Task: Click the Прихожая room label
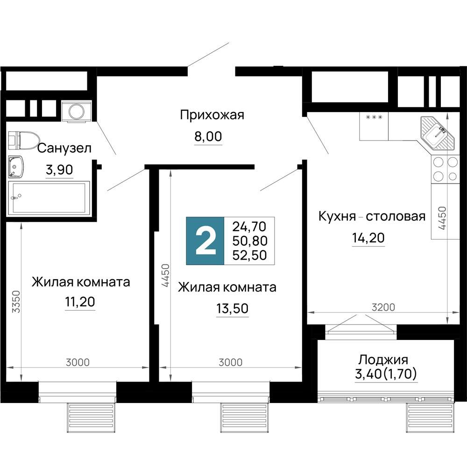click(x=212, y=115)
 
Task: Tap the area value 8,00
click(x=208, y=137)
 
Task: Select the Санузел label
click(x=64, y=149)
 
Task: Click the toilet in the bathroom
click(x=23, y=139)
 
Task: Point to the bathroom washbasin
click(x=17, y=167)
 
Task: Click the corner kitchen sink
click(x=438, y=132)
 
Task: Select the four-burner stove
click(x=445, y=169)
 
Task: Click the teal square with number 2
click(x=205, y=241)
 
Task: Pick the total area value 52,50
click(x=249, y=255)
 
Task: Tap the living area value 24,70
click(x=249, y=227)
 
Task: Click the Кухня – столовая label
click(x=372, y=217)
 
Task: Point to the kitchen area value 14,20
click(x=368, y=238)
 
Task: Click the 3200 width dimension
click(x=383, y=307)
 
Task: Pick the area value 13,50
click(x=232, y=309)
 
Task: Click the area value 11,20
click(x=80, y=303)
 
